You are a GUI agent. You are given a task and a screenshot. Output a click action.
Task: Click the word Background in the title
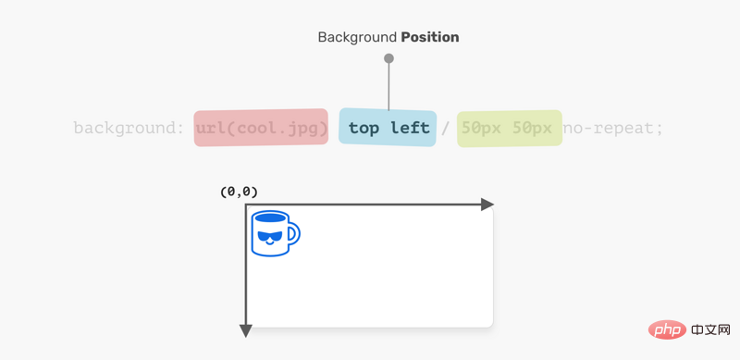coord(357,37)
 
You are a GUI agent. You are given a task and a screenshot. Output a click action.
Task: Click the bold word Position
coord(430,37)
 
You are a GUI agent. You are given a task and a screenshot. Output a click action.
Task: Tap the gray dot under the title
coord(388,58)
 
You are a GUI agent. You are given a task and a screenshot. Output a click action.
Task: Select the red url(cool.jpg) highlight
coord(261,128)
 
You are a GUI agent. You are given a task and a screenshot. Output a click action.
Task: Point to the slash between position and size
coord(445,128)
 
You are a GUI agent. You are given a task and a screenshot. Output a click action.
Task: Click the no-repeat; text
coord(613,128)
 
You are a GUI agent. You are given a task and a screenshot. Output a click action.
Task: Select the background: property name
coord(129,128)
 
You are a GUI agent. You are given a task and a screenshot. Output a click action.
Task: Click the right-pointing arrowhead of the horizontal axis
coord(487,205)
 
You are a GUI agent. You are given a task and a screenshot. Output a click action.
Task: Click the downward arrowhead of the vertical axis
coord(245,331)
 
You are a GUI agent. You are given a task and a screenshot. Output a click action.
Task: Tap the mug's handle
coord(294,234)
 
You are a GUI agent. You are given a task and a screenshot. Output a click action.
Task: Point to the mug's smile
coord(269,242)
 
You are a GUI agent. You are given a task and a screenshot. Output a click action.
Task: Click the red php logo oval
coord(667,329)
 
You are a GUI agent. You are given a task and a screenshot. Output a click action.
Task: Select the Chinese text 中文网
coord(710,329)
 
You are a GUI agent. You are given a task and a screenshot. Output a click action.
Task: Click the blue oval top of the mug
coord(269,217)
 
